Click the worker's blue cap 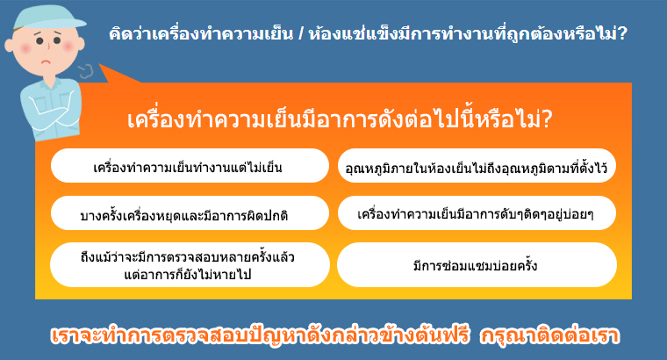click(x=47, y=19)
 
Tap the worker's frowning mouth click(x=46, y=62)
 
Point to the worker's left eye click(x=39, y=41)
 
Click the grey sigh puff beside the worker click(x=85, y=71)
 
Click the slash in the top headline click(x=301, y=33)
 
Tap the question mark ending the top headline click(x=622, y=33)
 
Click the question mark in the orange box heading click(x=547, y=119)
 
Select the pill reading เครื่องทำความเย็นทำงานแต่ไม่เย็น click(x=190, y=166)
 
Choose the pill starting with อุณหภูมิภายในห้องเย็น click(x=477, y=166)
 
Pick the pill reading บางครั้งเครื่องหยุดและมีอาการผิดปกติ click(x=190, y=212)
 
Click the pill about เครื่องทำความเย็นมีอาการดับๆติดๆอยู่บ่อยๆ click(x=477, y=212)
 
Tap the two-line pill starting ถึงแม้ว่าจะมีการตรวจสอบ click(x=190, y=264)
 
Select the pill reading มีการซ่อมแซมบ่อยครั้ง click(x=477, y=264)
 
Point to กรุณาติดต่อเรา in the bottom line click(x=549, y=335)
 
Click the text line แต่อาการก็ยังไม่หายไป click(x=188, y=275)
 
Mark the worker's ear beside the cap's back click(x=9, y=45)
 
